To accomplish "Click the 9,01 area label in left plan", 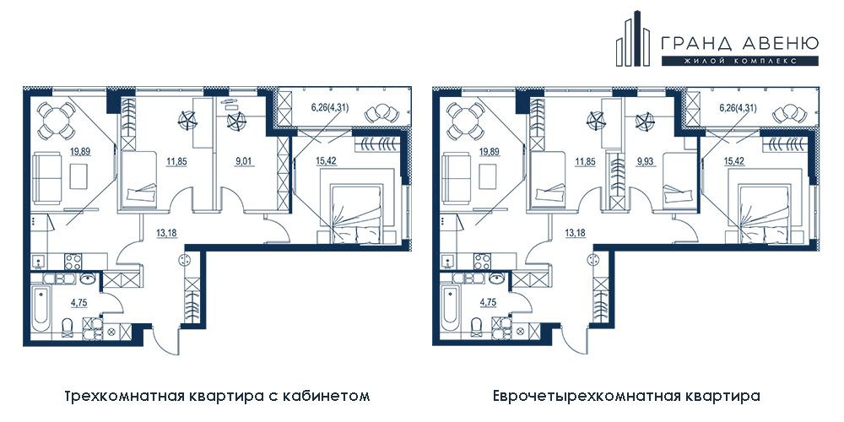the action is click(x=241, y=160).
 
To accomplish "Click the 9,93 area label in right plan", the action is click(x=644, y=160).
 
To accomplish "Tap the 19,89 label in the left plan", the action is click(x=79, y=151).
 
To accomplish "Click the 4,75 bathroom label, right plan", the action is click(x=488, y=302).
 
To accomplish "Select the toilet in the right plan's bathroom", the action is click(x=476, y=326).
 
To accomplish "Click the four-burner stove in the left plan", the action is click(x=73, y=261).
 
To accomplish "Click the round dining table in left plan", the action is click(x=56, y=121).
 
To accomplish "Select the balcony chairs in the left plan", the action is click(x=381, y=113).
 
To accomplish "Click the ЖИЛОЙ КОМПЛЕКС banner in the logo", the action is click(x=740, y=62).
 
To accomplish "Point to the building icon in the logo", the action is click(x=636, y=39).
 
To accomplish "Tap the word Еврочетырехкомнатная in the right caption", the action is click(x=575, y=398).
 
